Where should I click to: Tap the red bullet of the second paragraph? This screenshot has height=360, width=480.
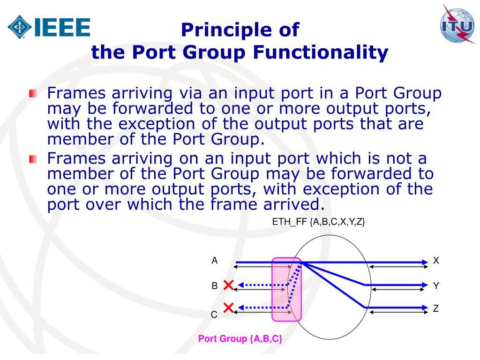click(x=32, y=159)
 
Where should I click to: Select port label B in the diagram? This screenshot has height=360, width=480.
click(x=214, y=285)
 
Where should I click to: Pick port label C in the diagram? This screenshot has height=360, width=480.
click(x=214, y=315)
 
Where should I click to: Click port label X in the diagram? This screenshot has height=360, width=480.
click(x=436, y=261)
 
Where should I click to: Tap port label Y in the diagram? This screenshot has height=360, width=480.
click(x=436, y=285)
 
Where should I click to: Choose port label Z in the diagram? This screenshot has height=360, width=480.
click(x=436, y=308)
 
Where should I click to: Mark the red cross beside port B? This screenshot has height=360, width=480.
click(x=229, y=285)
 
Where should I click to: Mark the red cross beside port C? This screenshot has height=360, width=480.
click(x=229, y=307)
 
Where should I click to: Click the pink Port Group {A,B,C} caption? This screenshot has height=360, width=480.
click(x=240, y=339)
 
